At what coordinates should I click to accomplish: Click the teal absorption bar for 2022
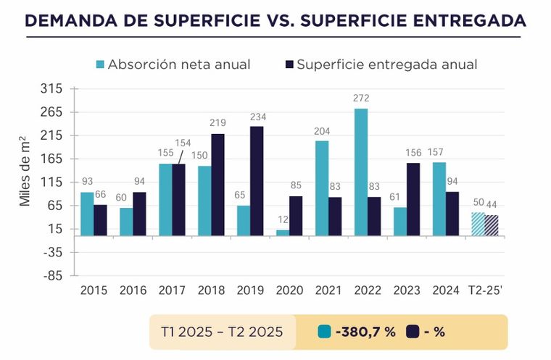361,172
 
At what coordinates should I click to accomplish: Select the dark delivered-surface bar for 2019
257,180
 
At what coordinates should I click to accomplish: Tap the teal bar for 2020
283,233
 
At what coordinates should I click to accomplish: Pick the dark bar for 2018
217,184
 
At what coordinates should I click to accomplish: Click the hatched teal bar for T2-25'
478,224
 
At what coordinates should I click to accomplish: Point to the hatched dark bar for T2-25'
492,225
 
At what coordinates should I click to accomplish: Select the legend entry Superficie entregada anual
381,64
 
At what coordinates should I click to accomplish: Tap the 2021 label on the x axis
328,290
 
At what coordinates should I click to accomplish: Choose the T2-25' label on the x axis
485,290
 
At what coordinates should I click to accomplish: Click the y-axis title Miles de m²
25,171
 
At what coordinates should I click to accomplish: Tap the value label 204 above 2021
322,130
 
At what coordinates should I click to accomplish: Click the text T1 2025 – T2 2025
221,332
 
